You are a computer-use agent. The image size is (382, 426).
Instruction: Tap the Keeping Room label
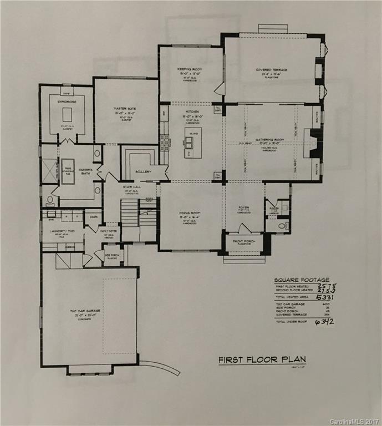point(190,69)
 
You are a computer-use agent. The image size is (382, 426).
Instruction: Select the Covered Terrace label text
point(271,70)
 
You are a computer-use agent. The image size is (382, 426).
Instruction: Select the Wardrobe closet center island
point(67,114)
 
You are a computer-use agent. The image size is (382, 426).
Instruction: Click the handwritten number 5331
point(324,297)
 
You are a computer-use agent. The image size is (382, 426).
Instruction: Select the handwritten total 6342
point(325,322)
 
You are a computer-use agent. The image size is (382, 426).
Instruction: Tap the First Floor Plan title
point(262,359)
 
